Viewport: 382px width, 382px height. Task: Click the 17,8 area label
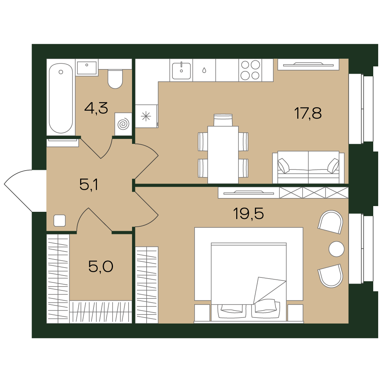308,113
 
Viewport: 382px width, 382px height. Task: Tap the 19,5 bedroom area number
248,214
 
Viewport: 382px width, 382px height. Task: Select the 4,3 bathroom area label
96,108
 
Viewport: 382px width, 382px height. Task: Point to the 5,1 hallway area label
89,184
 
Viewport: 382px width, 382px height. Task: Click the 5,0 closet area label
101,266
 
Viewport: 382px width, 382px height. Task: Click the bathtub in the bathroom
61,98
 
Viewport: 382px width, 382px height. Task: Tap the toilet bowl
115,79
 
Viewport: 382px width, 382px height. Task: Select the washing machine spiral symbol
123,124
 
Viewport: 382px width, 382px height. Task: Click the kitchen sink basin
182,71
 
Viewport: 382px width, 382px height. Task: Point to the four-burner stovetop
250,70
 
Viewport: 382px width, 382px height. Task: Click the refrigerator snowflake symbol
146,116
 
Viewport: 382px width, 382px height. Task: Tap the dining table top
223,155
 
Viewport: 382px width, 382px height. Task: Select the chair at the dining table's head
223,120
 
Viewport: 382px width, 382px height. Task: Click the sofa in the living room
308,167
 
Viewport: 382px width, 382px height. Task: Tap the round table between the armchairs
337,249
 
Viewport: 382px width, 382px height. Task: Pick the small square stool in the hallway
60,221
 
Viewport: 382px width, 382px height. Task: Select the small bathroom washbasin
87,68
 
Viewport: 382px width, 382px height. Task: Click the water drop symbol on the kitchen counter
204,70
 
